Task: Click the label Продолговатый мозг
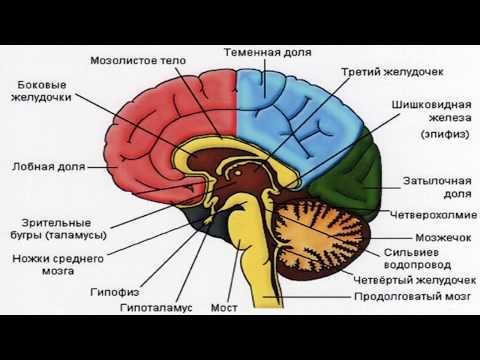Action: click(x=409, y=297)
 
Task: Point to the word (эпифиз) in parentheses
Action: click(x=419, y=132)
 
